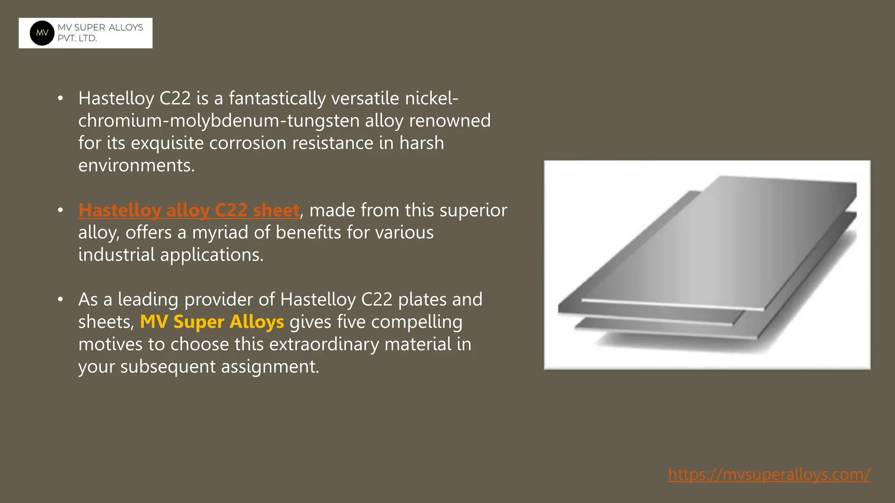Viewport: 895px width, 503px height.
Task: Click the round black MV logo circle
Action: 42,33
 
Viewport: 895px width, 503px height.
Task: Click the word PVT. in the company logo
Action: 66,38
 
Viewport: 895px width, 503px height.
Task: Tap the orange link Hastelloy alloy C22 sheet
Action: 189,210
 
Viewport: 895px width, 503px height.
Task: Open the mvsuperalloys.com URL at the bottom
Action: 769,474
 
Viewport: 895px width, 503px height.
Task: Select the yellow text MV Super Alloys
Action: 212,322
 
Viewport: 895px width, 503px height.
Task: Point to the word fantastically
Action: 277,99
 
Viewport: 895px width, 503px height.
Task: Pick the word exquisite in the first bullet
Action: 167,143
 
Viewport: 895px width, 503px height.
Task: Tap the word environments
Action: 136,165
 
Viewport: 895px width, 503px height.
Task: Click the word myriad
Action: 220,233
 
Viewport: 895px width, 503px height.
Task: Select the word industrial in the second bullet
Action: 116,255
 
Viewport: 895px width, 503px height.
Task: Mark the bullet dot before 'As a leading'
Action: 60,300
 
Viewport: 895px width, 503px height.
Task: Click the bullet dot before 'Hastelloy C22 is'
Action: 60,99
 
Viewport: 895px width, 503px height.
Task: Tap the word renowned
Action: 450,121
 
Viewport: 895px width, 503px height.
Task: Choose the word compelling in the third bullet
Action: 416,322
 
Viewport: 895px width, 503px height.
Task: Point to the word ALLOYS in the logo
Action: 125,28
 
